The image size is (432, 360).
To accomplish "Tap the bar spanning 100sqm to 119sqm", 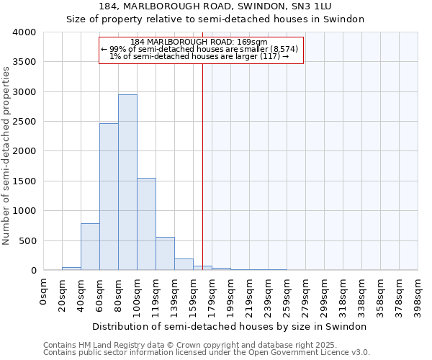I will point(146,224).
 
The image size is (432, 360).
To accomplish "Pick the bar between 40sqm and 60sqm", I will point(90,247).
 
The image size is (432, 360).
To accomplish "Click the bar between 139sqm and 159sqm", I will point(184,264).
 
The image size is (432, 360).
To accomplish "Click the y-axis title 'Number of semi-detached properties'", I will point(6,155).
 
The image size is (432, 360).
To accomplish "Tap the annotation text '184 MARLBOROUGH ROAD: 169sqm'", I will point(199,42).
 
